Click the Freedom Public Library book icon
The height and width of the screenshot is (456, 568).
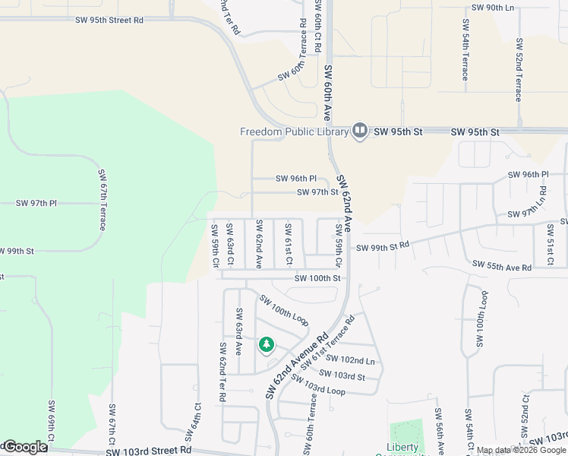[360, 131]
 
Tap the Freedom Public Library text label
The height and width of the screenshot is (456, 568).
[295, 131]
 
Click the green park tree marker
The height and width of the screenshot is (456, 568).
[267, 346]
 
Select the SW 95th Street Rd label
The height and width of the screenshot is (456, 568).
[109, 21]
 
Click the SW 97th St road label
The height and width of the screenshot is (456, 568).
[317, 192]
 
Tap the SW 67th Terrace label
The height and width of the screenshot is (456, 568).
[102, 201]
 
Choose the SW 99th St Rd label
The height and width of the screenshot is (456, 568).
[383, 247]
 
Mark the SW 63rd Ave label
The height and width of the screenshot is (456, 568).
[238, 332]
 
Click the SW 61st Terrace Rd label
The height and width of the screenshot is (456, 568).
[328, 342]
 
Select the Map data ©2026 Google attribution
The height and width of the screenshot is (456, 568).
[521, 450]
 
